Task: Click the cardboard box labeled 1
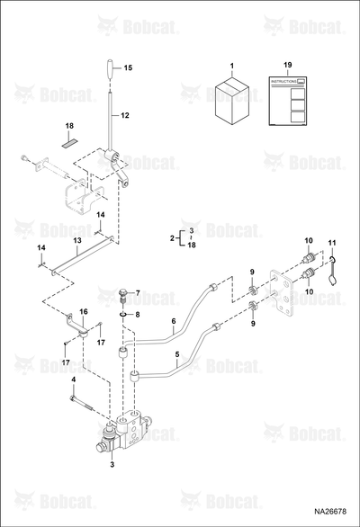point(232,102)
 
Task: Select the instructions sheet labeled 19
point(288,101)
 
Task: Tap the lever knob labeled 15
point(111,70)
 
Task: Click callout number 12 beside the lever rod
point(125,115)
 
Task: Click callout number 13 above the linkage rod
point(77,241)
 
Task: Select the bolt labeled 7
point(123,296)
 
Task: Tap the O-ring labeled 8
point(123,314)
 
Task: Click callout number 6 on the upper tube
point(174,321)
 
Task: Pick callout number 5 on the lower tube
point(177,354)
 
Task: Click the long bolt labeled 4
point(83,403)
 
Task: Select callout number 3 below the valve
point(112,465)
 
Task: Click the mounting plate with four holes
point(283,291)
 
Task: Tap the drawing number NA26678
point(330,512)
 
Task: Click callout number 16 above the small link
point(84,311)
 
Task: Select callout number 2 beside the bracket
point(172,238)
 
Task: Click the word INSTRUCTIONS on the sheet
point(283,82)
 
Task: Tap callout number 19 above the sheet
point(288,65)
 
